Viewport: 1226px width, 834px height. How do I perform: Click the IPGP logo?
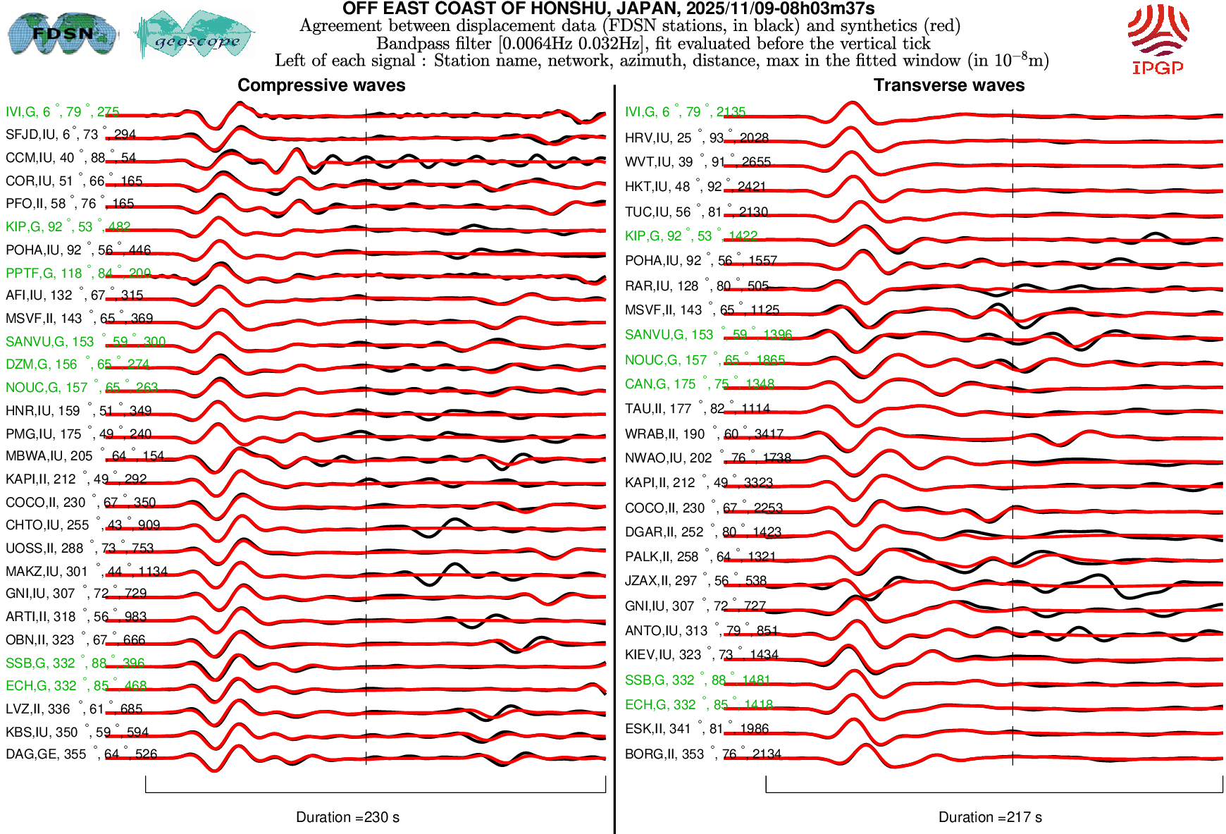(1158, 39)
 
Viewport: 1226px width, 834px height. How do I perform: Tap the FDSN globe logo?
(62, 33)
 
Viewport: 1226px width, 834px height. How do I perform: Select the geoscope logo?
(195, 35)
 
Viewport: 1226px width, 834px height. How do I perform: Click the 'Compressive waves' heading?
(321, 85)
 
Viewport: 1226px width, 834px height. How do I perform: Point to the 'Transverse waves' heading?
(949, 85)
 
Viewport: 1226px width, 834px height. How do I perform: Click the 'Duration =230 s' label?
(347, 817)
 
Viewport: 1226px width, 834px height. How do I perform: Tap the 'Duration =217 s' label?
(990, 817)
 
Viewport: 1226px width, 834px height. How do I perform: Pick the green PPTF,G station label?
(78, 273)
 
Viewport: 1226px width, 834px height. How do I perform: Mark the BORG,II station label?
(702, 754)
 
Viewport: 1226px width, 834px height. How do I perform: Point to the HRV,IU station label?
(696, 138)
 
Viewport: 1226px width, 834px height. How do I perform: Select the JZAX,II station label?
(695, 581)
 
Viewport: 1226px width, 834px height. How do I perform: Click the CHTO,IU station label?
(82, 525)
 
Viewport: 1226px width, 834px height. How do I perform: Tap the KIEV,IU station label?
(701, 655)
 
